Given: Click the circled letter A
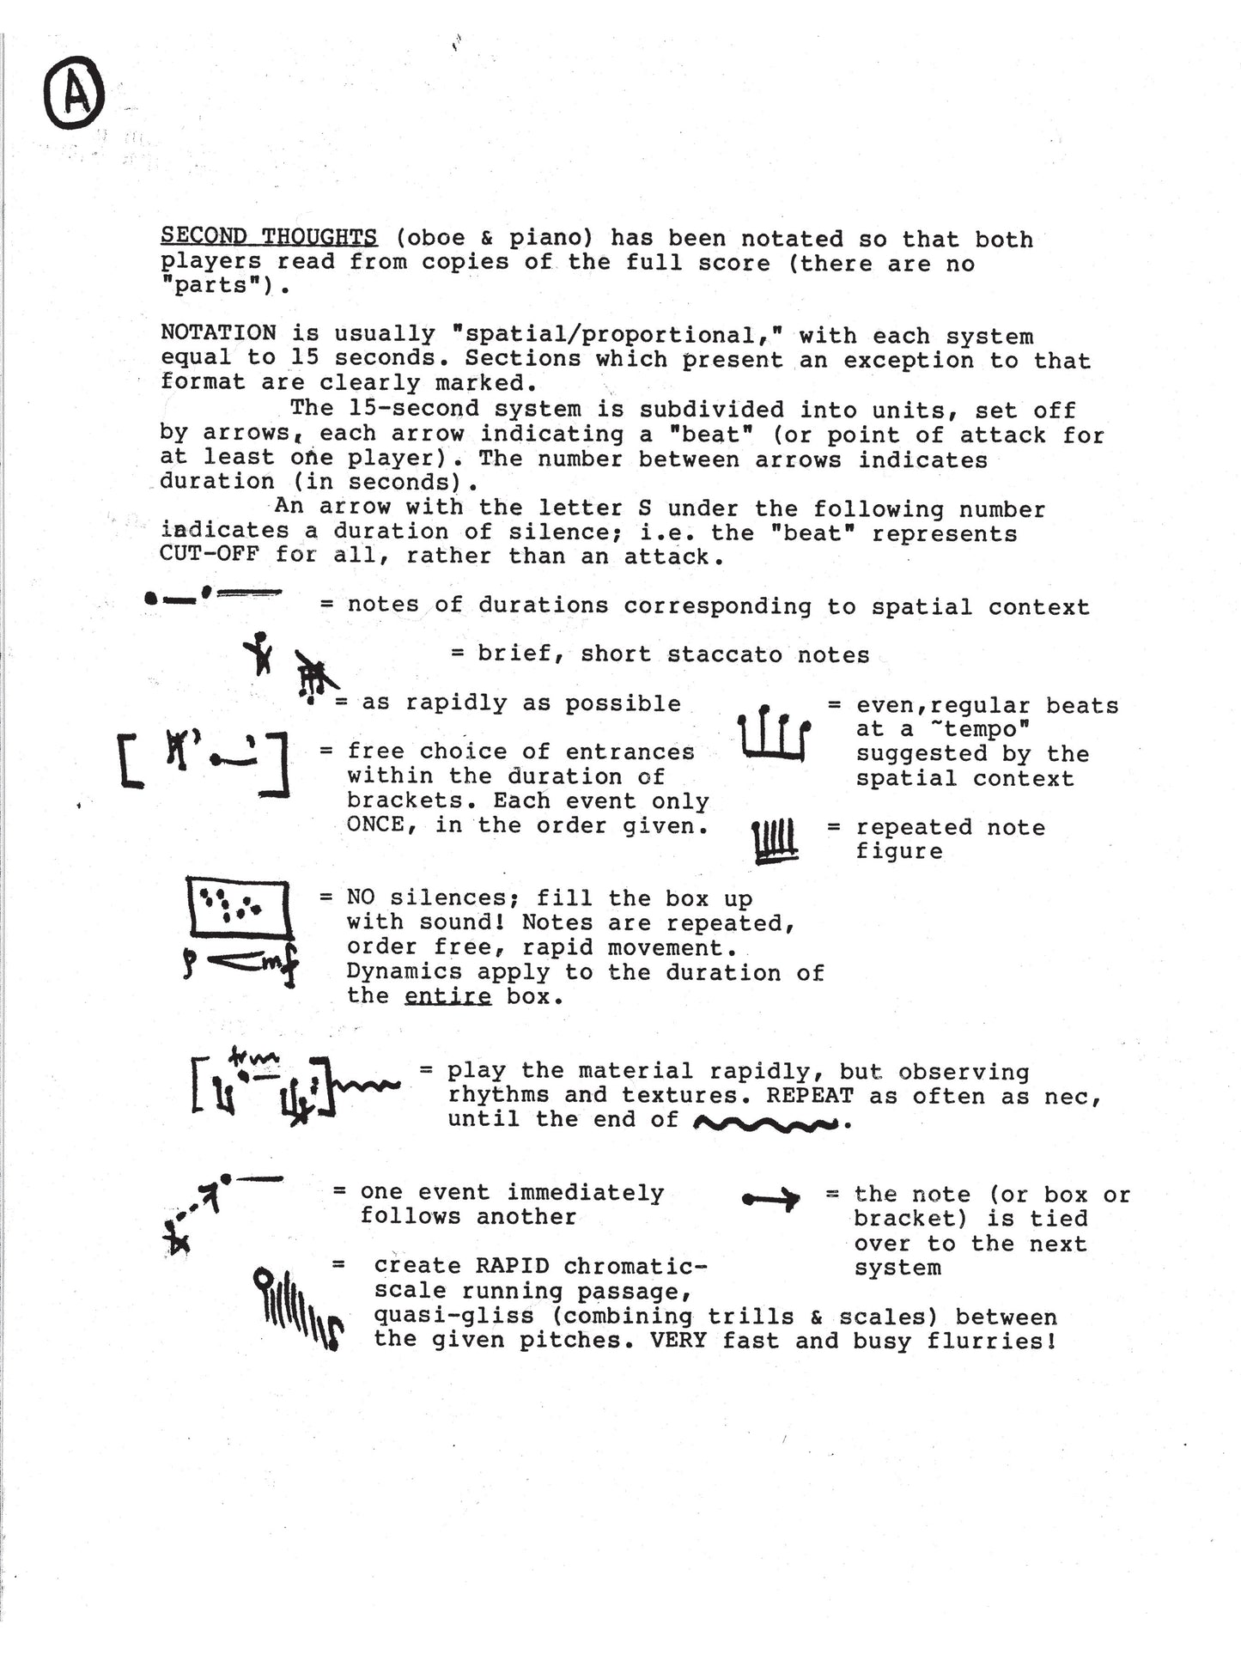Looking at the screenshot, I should click(x=74, y=94).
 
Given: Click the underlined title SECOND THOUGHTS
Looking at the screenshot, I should click(x=269, y=237).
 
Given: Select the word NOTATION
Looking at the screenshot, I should click(x=218, y=333).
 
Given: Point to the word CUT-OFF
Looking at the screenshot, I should click(x=210, y=554).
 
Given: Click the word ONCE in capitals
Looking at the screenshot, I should click(x=375, y=824).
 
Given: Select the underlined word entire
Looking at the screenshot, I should click(x=447, y=996).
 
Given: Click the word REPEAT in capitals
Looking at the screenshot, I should click(x=810, y=1096).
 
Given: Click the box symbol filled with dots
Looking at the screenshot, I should click(x=238, y=908).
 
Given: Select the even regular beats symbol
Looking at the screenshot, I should click(x=774, y=734).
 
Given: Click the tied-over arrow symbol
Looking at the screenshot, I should click(x=770, y=1199).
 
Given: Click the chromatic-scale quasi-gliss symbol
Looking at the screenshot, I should click(x=297, y=1310).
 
